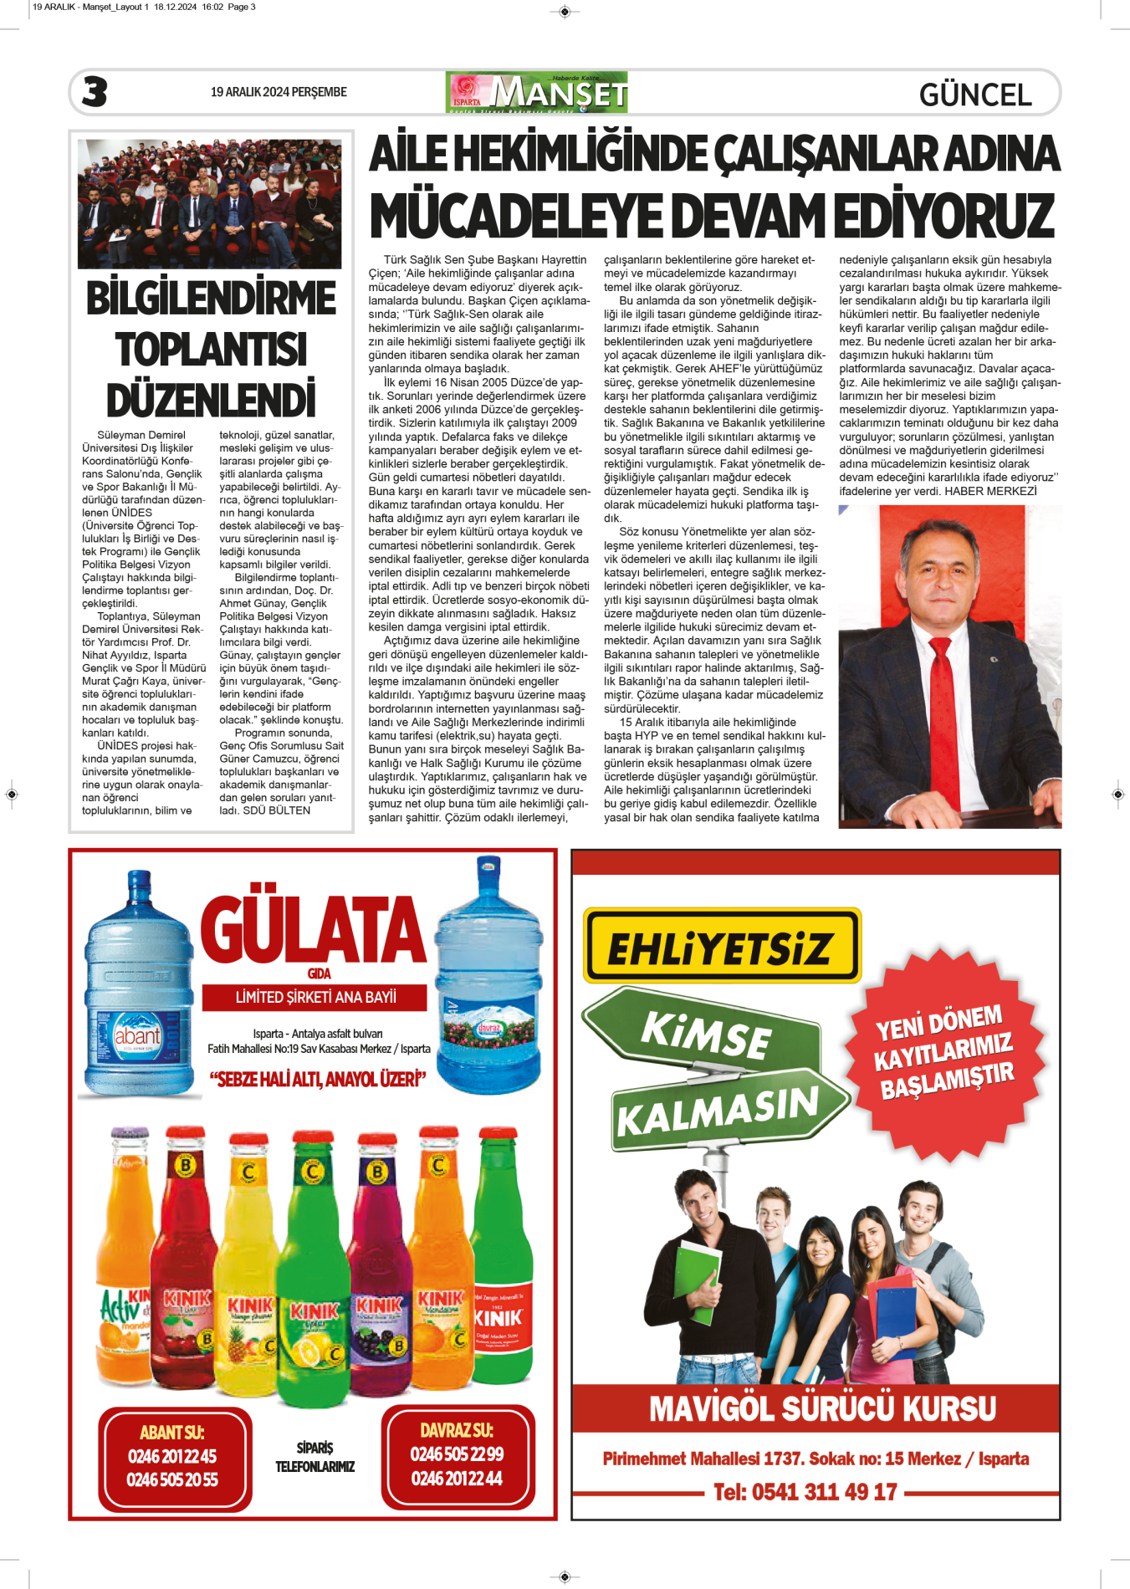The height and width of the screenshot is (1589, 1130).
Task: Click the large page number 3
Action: tap(95, 91)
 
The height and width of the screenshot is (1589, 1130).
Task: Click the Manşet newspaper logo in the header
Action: tap(537, 92)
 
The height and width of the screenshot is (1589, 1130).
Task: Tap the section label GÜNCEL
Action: tap(974, 95)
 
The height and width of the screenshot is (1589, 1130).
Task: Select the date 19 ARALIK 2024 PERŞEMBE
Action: tap(279, 92)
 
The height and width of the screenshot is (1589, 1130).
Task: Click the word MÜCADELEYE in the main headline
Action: tap(517, 216)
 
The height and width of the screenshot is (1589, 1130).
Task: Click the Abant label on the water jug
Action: tap(137, 1036)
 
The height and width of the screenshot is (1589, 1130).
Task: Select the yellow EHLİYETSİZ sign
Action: tap(722, 947)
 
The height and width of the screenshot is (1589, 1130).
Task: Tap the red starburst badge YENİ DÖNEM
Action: tap(944, 1052)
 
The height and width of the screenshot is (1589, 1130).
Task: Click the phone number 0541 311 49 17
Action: tap(805, 1491)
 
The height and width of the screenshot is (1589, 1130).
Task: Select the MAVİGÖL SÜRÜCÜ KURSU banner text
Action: tap(822, 1408)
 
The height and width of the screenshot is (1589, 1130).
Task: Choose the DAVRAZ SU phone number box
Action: tap(457, 1456)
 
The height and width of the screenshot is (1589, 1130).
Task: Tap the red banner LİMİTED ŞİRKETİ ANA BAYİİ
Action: tap(315, 997)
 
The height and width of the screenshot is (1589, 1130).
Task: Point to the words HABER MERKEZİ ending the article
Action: tap(990, 491)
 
